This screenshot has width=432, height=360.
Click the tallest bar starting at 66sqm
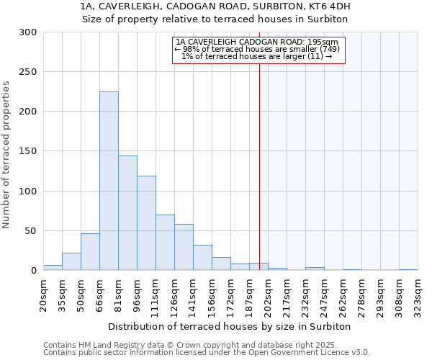point(109,181)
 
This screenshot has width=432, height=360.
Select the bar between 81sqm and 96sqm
point(127,213)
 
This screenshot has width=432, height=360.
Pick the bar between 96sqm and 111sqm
point(146,223)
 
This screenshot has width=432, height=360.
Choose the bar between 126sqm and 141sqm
point(184,247)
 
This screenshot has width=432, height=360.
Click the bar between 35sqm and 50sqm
point(71,261)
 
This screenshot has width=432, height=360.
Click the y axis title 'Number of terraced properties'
point(6,155)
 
